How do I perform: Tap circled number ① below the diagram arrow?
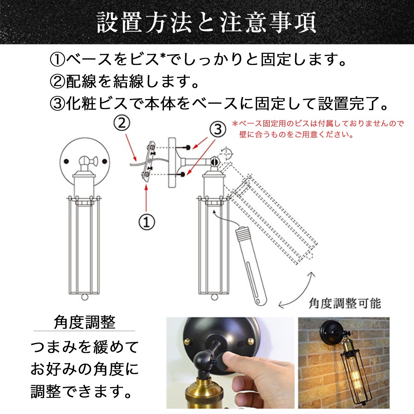[x=147, y=222]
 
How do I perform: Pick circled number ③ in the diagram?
[x=217, y=130]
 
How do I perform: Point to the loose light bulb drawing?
[x=250, y=264]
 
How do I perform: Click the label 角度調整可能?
[x=344, y=303]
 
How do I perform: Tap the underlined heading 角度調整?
[x=85, y=323]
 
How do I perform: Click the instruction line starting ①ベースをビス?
[x=198, y=60]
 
